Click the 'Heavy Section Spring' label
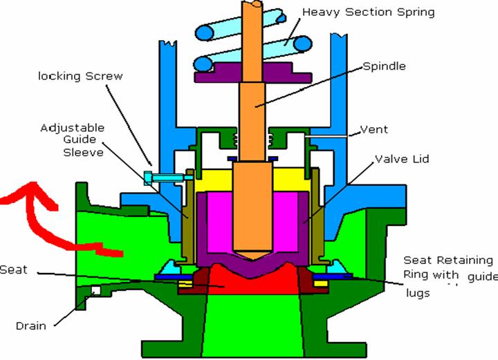click(368, 12)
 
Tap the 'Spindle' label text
click(384, 66)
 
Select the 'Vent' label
click(373, 129)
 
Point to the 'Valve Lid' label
click(402, 159)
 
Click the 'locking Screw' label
click(80, 76)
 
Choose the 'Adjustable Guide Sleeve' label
click(73, 140)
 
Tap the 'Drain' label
click(31, 325)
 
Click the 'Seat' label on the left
click(13, 270)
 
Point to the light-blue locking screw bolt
click(165, 178)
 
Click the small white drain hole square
click(96, 290)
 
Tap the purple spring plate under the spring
click(253, 73)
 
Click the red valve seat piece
click(253, 279)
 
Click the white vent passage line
click(326, 136)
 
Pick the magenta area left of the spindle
click(220, 221)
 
